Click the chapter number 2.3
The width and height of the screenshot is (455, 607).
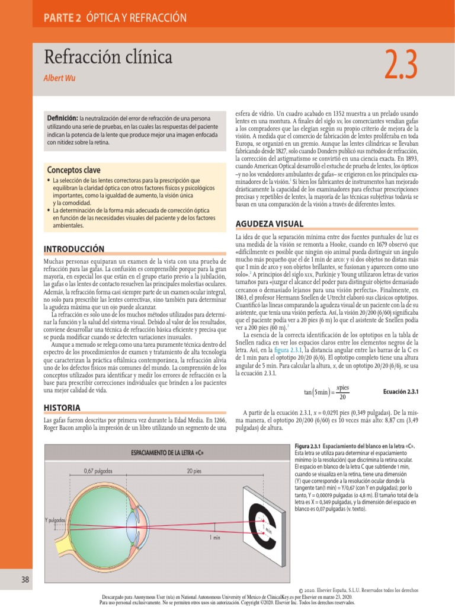[401, 66]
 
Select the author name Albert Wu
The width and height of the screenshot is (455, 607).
[60, 78]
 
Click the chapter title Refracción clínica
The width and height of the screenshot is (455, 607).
[108, 57]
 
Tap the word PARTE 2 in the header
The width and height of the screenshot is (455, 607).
[62, 18]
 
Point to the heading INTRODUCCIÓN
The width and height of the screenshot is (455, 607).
[74, 249]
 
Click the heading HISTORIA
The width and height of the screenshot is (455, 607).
[63, 408]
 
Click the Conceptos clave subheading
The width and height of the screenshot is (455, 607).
[73, 170]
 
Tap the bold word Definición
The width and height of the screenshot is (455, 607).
[63, 119]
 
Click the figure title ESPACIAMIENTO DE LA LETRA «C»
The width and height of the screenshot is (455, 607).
[163, 453]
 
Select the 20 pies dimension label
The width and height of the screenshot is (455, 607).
[193, 472]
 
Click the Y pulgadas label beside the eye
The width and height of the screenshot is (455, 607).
[56, 520]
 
